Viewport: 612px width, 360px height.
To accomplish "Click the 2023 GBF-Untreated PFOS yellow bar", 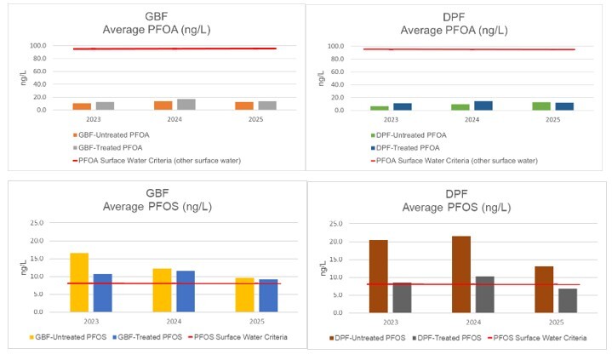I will point(79,283).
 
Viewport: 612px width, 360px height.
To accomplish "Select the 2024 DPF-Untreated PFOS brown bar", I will point(460,274).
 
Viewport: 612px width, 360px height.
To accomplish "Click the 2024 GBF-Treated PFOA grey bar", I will point(186,105).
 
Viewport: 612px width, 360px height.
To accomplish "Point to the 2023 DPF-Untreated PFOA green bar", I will point(379,108).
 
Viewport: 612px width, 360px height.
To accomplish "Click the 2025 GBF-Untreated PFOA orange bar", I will point(244,106).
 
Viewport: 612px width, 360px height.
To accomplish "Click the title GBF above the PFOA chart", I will point(156,17).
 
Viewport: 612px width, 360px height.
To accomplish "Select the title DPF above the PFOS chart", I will point(458,194).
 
